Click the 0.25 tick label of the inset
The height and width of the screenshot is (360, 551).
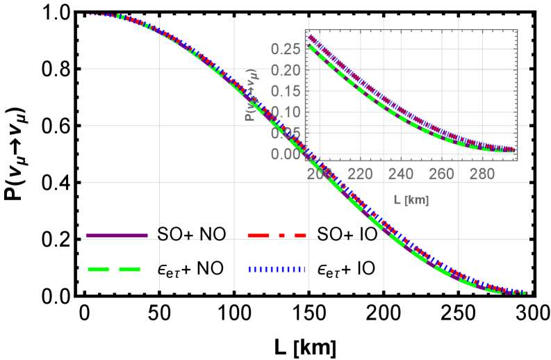[x=286, y=49]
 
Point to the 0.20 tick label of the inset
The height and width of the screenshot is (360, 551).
[x=286, y=70]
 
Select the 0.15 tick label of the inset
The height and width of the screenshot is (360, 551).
[x=286, y=91]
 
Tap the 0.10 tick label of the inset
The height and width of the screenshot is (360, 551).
[x=286, y=112]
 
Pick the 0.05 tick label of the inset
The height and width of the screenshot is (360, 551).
[x=286, y=133]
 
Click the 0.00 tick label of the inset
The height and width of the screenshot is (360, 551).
[x=286, y=154]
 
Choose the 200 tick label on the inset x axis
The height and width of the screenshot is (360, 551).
[x=320, y=174]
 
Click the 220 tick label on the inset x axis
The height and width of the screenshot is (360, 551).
[x=360, y=174]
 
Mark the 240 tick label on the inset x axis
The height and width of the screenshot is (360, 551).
[x=401, y=174]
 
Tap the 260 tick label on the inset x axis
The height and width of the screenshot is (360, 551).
[x=441, y=174]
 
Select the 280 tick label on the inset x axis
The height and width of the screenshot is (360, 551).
[x=482, y=174]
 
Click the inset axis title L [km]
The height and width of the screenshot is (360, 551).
[x=411, y=200]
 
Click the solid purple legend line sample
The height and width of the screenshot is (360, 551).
[x=117, y=236]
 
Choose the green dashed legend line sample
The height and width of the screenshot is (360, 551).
[x=114, y=269]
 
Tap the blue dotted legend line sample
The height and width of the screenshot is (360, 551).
[x=277, y=269]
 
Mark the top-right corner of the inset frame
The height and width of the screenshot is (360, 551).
[x=518, y=30]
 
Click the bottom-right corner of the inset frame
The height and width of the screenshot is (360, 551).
[x=518, y=161]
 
